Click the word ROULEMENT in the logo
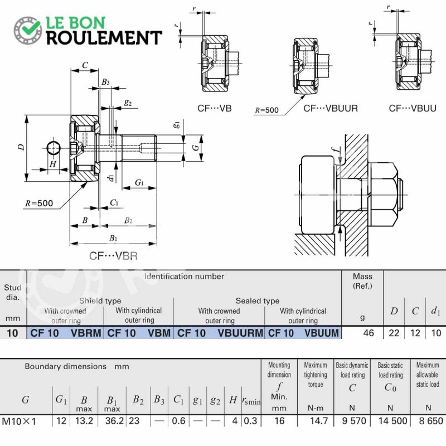pyautogui.click(x=104, y=38)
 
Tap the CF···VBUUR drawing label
pyautogui.click(x=330, y=108)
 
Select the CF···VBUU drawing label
pyautogui.click(x=413, y=108)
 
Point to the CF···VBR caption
pyautogui.click(x=113, y=256)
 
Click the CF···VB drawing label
pyautogui.click(x=215, y=108)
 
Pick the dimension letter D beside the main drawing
pyautogui.click(x=21, y=147)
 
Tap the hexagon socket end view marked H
pyautogui.click(x=54, y=148)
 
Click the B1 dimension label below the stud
pyautogui.click(x=113, y=238)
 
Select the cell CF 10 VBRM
pyautogui.click(x=66, y=333)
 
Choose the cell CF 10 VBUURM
pyautogui.click(x=220, y=333)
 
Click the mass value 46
pyautogui.click(x=369, y=333)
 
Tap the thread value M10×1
pyautogui.click(x=20, y=421)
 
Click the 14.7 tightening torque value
pyautogui.click(x=319, y=421)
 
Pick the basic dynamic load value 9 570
pyautogui.click(x=354, y=421)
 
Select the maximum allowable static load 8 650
pyautogui.click(x=430, y=421)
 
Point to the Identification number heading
pyautogui.click(x=184, y=277)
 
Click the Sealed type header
pyautogui.click(x=258, y=301)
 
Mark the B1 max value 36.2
pyautogui.click(x=114, y=421)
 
